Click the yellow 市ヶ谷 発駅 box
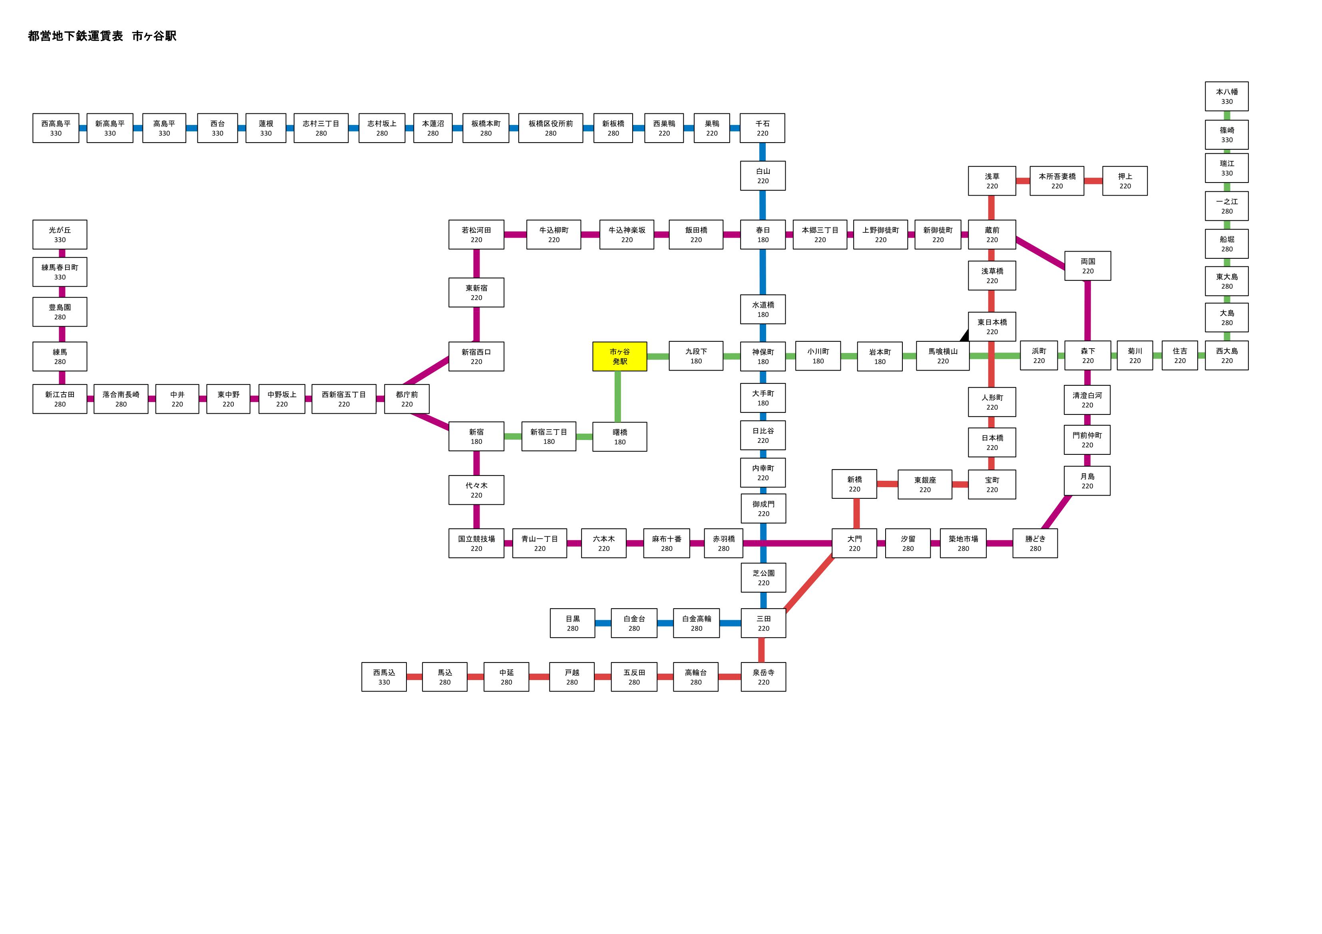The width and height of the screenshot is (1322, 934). (x=619, y=356)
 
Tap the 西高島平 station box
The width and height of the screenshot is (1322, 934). (x=56, y=128)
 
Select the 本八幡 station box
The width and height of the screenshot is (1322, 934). (x=1226, y=96)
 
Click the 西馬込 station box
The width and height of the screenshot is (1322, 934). (x=384, y=677)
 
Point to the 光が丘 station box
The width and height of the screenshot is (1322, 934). (x=60, y=234)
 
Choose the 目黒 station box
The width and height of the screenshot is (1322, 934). (x=572, y=623)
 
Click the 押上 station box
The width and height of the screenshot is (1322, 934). (x=1125, y=181)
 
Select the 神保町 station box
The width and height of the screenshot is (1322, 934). (x=763, y=356)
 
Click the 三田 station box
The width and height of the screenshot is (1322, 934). (x=763, y=623)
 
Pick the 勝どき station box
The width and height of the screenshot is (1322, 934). (x=1035, y=543)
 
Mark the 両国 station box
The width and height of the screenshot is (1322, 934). (x=1088, y=266)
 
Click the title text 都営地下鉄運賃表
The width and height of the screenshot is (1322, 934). (x=76, y=36)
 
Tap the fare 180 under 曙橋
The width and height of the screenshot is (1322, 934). (x=619, y=442)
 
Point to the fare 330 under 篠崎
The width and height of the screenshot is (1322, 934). (x=1227, y=140)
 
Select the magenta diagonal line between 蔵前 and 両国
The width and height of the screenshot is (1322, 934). (x=1040, y=253)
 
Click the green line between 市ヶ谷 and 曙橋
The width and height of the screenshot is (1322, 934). (x=618, y=397)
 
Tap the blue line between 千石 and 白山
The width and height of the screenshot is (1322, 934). (x=763, y=152)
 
